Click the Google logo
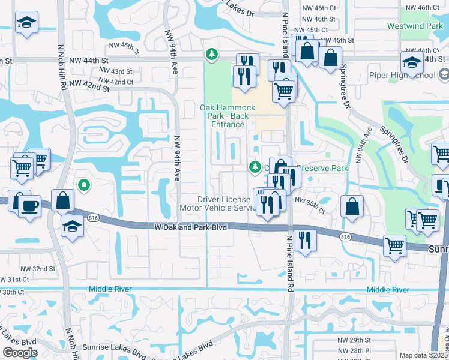(x=20, y=353)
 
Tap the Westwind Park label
(x=424, y=26)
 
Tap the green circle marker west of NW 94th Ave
(x=84, y=185)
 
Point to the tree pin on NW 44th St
(x=211, y=55)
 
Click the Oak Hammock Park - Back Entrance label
(x=222, y=116)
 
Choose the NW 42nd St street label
(x=89, y=86)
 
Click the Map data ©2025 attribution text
(x=424, y=355)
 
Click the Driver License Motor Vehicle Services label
(x=223, y=203)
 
